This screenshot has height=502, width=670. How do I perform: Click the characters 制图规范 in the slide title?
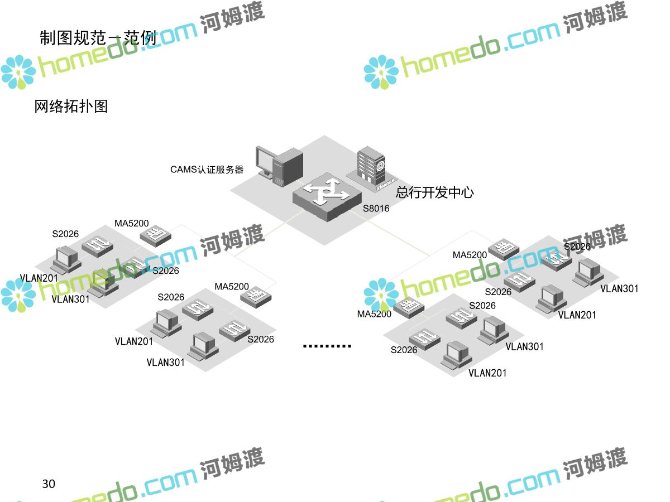[x=73, y=37]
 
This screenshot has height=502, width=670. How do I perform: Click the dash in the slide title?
[x=113, y=38]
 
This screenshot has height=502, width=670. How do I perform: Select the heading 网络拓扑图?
[x=71, y=106]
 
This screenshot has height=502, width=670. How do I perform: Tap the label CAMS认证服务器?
[x=207, y=170]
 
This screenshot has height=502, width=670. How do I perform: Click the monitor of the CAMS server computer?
[x=266, y=161]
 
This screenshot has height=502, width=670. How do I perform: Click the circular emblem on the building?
[x=380, y=165]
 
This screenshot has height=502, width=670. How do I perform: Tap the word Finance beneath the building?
[x=386, y=185]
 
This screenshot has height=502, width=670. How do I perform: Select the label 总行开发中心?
[x=434, y=193]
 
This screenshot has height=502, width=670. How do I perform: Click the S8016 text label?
[x=376, y=209]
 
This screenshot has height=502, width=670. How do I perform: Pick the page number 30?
[x=49, y=484]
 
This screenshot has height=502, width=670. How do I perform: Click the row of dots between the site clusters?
[x=327, y=346]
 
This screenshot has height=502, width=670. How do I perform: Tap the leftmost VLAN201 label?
[x=39, y=278]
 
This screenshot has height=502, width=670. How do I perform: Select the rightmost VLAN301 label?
[x=619, y=288]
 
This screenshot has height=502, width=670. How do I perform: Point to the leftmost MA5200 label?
[x=132, y=224]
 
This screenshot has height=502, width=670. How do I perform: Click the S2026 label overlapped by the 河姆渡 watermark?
[x=577, y=247]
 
